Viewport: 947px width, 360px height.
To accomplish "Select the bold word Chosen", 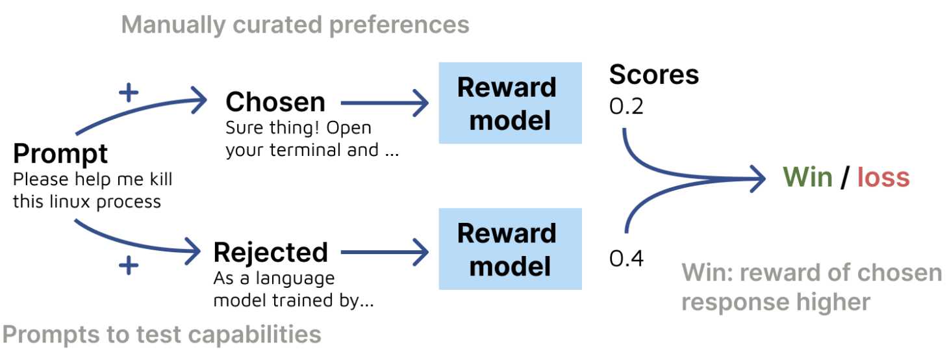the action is coord(275,102).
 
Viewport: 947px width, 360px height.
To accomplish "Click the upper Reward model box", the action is coord(511,103).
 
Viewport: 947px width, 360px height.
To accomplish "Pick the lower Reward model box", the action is coord(511,249).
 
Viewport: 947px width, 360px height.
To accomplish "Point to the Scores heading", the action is coord(654,75).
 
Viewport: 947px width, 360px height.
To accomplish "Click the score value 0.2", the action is coord(626,106).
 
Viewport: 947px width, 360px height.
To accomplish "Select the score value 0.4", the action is coord(626,259).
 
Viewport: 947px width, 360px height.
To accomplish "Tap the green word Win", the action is coord(807,177).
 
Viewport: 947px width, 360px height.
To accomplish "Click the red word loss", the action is coord(883,177).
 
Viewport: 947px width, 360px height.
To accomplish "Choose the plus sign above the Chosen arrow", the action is coord(129,93).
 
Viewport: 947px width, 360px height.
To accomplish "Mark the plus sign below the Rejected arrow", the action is coord(129,266).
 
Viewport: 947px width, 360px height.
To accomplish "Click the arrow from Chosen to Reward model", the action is coord(385,103).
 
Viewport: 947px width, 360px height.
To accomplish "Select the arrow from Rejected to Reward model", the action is coord(385,252).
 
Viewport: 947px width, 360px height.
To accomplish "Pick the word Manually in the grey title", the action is coord(174,25).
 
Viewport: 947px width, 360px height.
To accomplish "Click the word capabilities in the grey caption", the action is coord(255,335).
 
